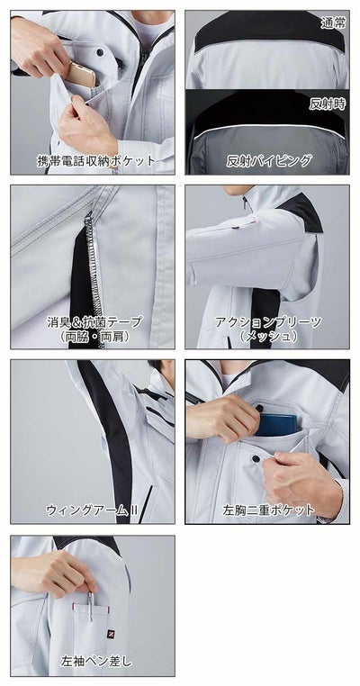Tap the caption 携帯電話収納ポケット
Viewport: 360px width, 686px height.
93,161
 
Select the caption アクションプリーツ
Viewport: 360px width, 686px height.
267,320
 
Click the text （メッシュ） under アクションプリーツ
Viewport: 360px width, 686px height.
267,336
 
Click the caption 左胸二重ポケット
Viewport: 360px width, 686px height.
268,510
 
